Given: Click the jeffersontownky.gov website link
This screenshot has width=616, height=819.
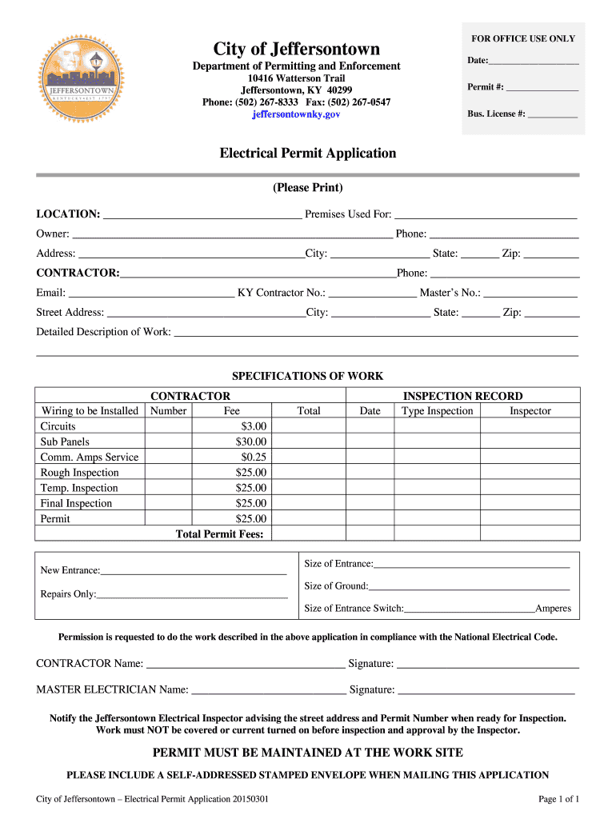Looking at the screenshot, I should coord(296,115).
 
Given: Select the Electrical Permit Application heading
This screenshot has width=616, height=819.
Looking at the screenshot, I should coord(308,153).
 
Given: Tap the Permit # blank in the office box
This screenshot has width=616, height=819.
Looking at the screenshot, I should coord(542,87).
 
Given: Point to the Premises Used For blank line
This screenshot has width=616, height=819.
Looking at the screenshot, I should coord(486,214).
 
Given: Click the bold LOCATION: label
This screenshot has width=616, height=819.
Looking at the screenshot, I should coord(68,214).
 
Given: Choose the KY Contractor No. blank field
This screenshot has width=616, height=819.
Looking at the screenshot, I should coord(372,293).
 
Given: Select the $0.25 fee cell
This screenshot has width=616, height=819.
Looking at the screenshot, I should coord(254,457).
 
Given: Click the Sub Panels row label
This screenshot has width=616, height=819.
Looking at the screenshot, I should coord(65,441).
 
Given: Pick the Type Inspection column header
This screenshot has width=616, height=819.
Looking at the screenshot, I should coord(437,411).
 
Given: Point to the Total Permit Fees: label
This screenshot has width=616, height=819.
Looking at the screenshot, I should coord(219,534).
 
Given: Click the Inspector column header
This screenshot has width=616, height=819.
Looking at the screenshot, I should coord(530,411).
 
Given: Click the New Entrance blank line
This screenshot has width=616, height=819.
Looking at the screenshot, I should coord(193,571).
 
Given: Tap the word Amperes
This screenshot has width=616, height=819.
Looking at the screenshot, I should coord(553,609).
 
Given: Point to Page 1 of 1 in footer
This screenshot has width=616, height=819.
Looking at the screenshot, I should coord(558,799).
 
